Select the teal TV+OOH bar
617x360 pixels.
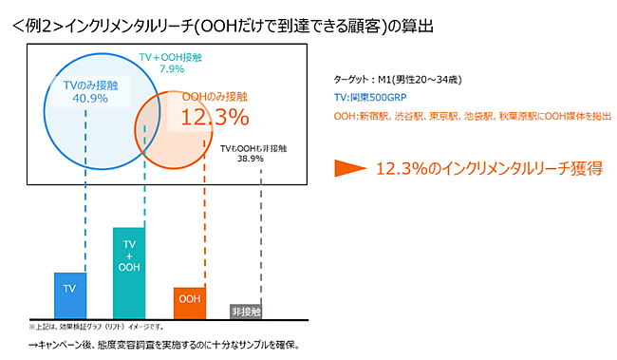tap(129, 273)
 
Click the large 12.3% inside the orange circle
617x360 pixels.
tap(215, 118)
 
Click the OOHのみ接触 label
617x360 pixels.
tap(214, 97)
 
